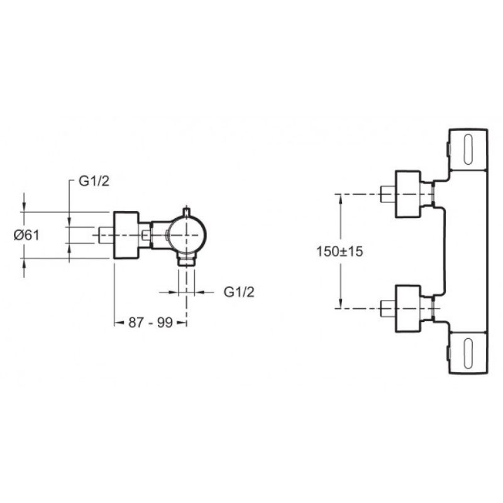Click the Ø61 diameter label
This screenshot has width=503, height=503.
click(26, 235)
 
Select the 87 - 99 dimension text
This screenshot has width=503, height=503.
click(151, 323)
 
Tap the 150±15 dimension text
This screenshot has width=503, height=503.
click(340, 251)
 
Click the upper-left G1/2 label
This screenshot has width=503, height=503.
click(94, 181)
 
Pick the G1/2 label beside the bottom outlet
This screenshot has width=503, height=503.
click(239, 292)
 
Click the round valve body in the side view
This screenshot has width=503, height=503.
click(187, 235)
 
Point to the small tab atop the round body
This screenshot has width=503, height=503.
click(187, 212)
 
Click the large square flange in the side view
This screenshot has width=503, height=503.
click(126, 235)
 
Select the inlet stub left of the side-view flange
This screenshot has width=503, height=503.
click(106, 235)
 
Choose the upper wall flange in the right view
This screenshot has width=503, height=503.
click(407, 194)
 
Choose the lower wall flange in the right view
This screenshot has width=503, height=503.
click(407, 309)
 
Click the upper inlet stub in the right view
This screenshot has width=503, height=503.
click(388, 194)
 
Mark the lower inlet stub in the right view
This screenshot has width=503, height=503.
click(388, 309)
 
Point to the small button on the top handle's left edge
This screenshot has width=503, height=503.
click(448, 150)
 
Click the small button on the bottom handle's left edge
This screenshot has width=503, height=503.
click(448, 353)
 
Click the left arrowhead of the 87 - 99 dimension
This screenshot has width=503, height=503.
click(119, 323)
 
